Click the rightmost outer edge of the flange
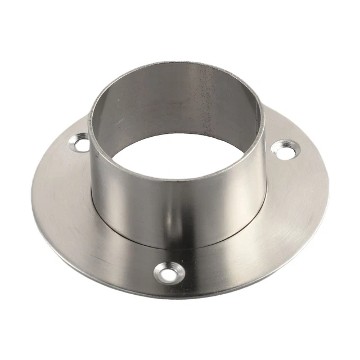tap(328, 186)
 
